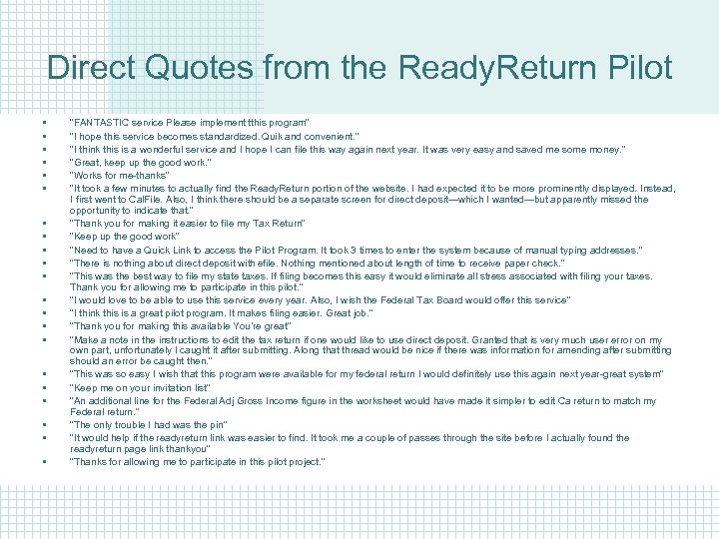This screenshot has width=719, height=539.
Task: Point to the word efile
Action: pyautogui.click(x=295, y=263)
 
